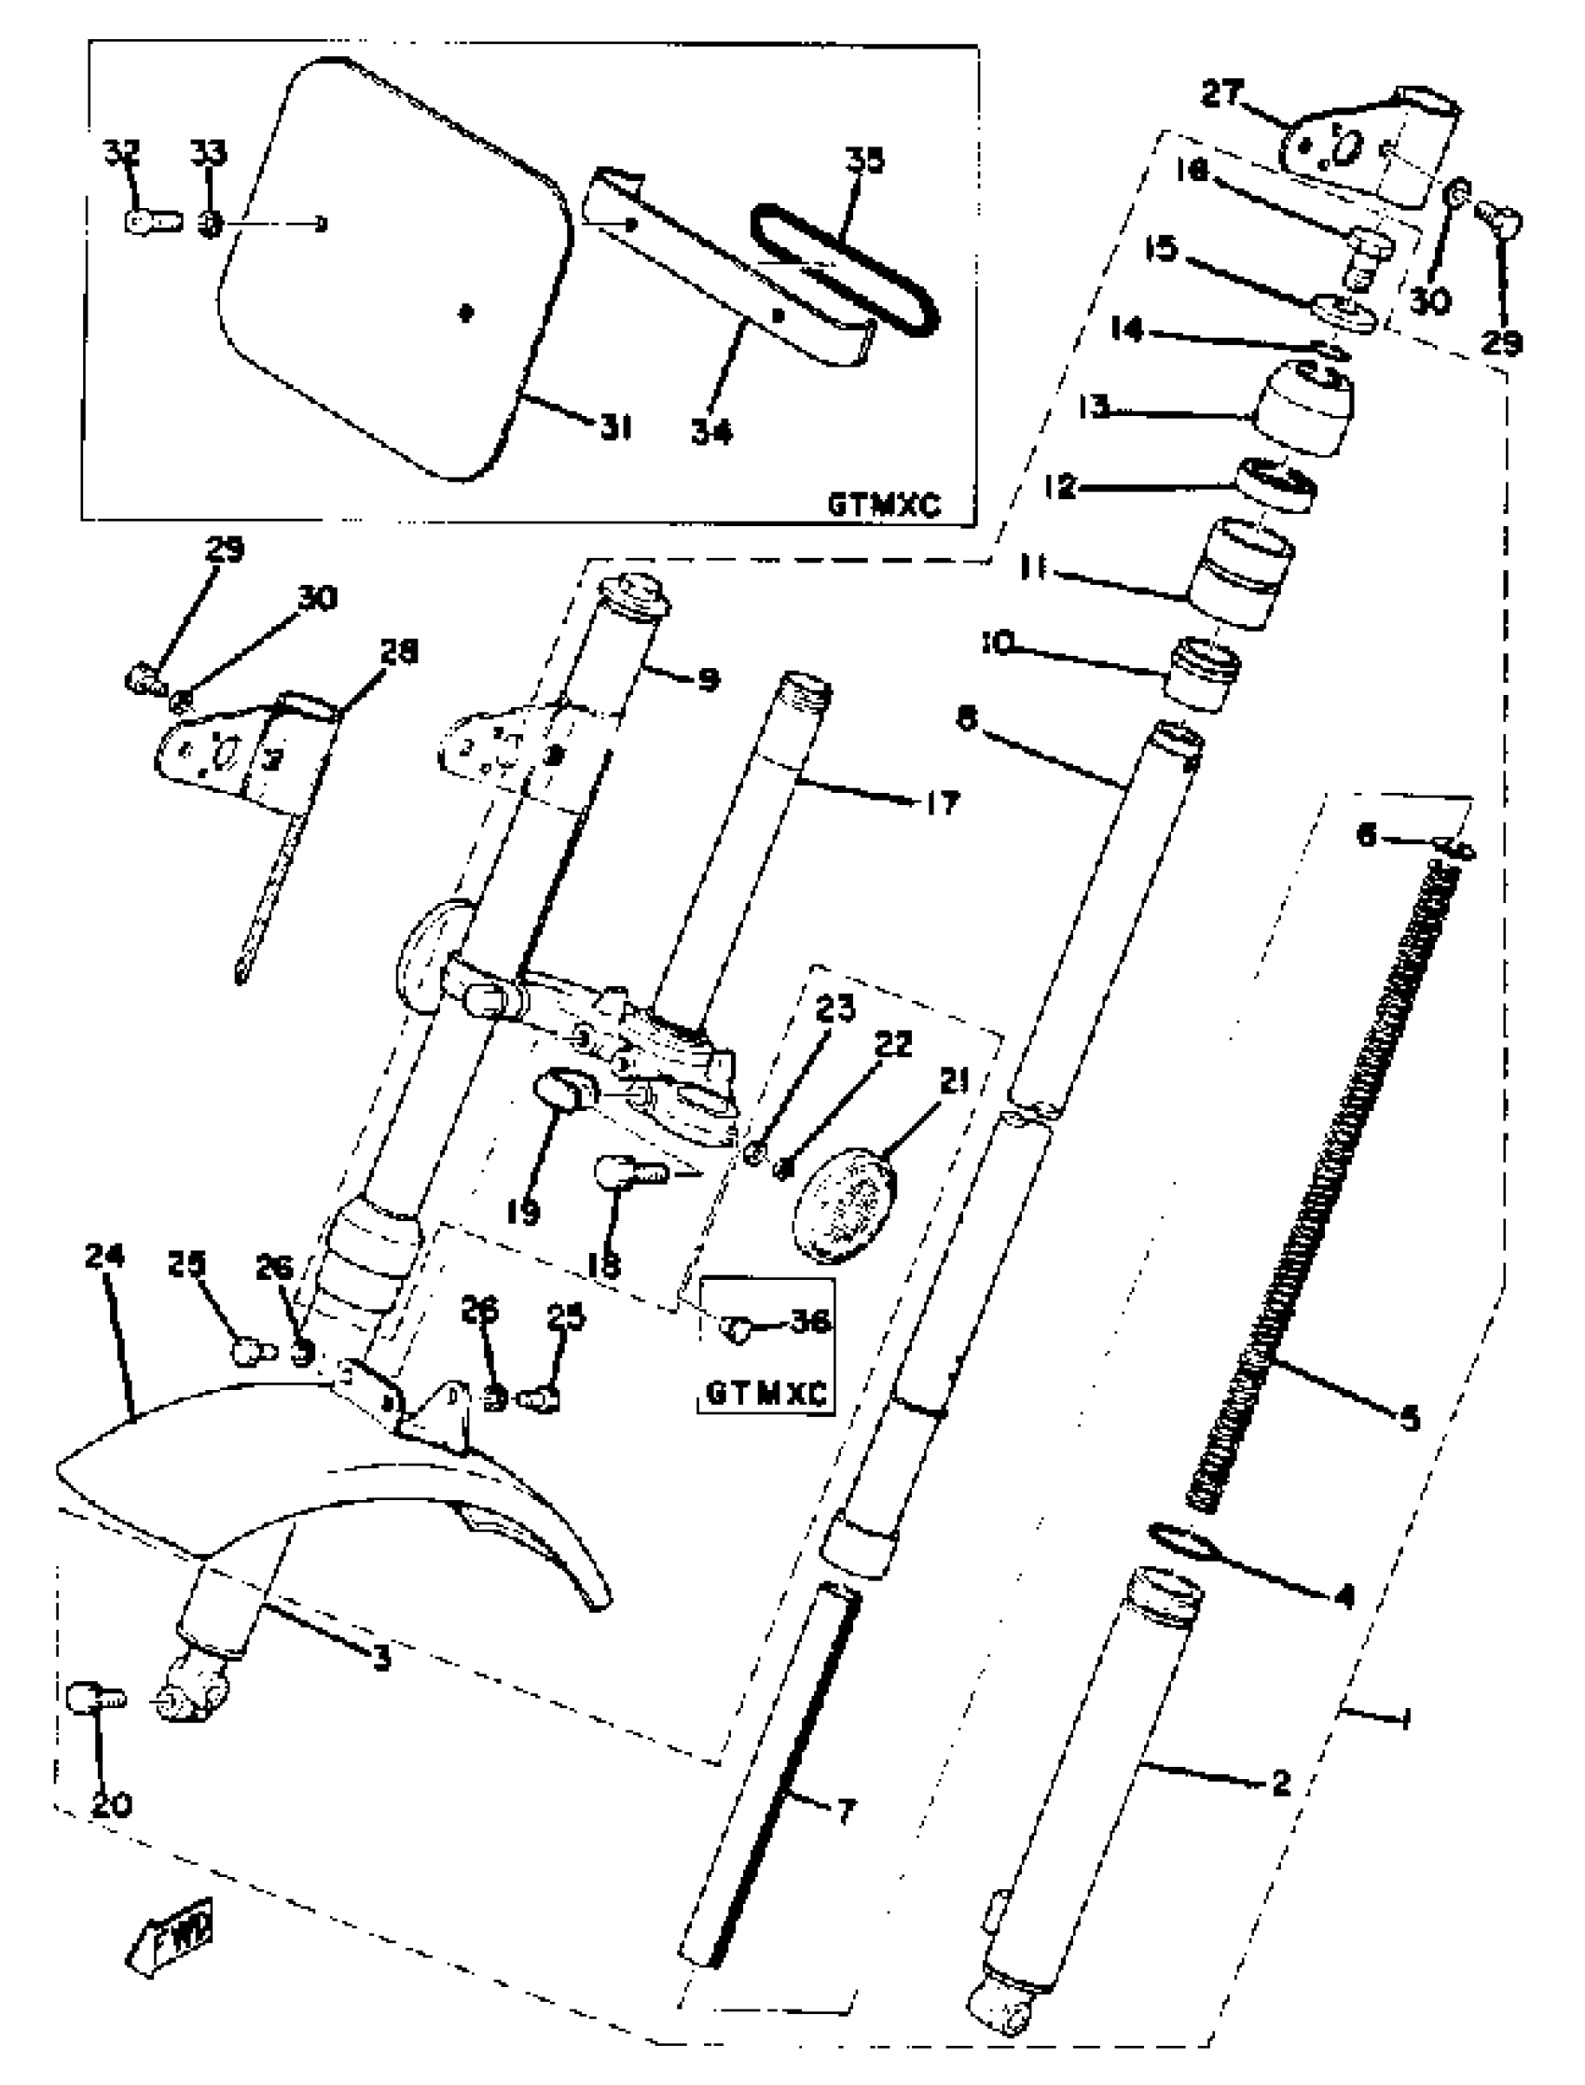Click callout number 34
(710, 432)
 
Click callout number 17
(942, 803)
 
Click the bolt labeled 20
(94, 1699)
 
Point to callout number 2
(1279, 1783)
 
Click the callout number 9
(709, 678)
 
